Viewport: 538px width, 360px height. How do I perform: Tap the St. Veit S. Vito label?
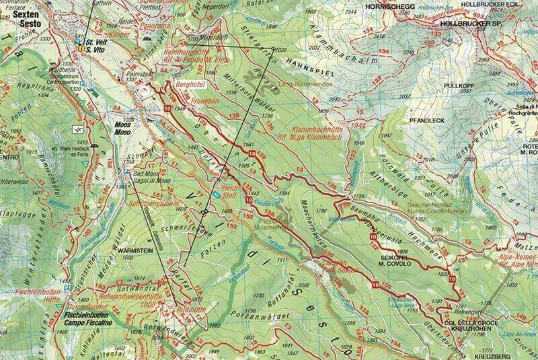(x=95, y=45)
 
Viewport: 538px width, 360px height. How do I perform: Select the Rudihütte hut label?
(x=190, y=309)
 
